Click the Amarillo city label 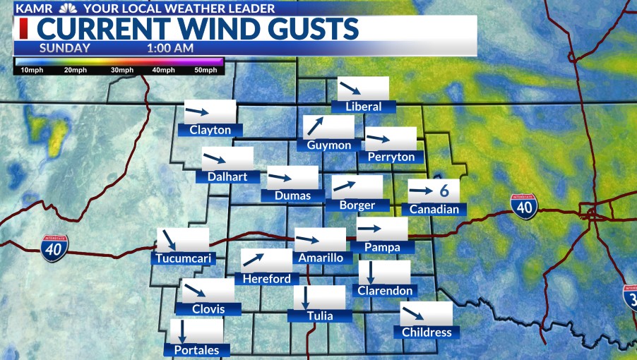point(321,258)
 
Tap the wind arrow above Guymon point(314,126)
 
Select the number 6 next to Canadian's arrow point(444,191)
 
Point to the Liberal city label point(364,107)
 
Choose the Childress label point(426,332)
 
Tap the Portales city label point(197,350)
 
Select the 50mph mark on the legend point(205,71)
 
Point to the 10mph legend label point(32,71)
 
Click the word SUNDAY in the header point(64,49)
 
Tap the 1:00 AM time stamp point(170,49)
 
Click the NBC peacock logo point(69,8)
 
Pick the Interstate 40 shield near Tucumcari point(54,248)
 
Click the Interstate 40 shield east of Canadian point(523,205)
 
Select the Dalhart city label point(227,176)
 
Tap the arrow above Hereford point(253,260)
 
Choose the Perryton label point(391,156)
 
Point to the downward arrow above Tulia point(306,298)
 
